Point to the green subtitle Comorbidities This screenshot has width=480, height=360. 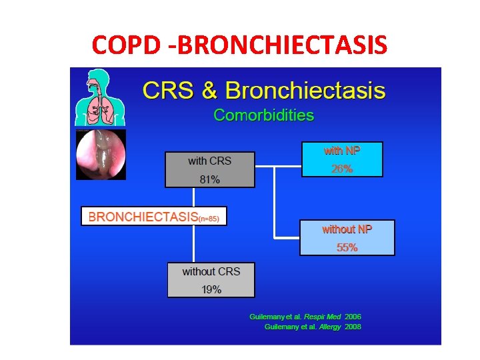tap(263, 115)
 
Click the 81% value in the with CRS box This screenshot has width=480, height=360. tap(210, 179)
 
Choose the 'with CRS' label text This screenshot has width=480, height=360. tap(210, 161)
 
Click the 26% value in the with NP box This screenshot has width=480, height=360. tap(342, 169)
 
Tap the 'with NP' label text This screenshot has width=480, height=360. tap(342, 151)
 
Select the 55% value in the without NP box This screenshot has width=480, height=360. tap(347, 247)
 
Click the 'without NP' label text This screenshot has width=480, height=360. tap(347, 229)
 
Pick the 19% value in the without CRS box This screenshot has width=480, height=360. tap(211, 289)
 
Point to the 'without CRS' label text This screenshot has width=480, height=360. tap(211, 271)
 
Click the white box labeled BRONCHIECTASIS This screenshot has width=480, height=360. tap(154, 217)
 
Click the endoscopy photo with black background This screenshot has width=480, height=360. tap(101, 155)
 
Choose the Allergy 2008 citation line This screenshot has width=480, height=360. tap(313, 327)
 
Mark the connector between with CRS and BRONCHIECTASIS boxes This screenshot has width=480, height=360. tap(194, 197)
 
